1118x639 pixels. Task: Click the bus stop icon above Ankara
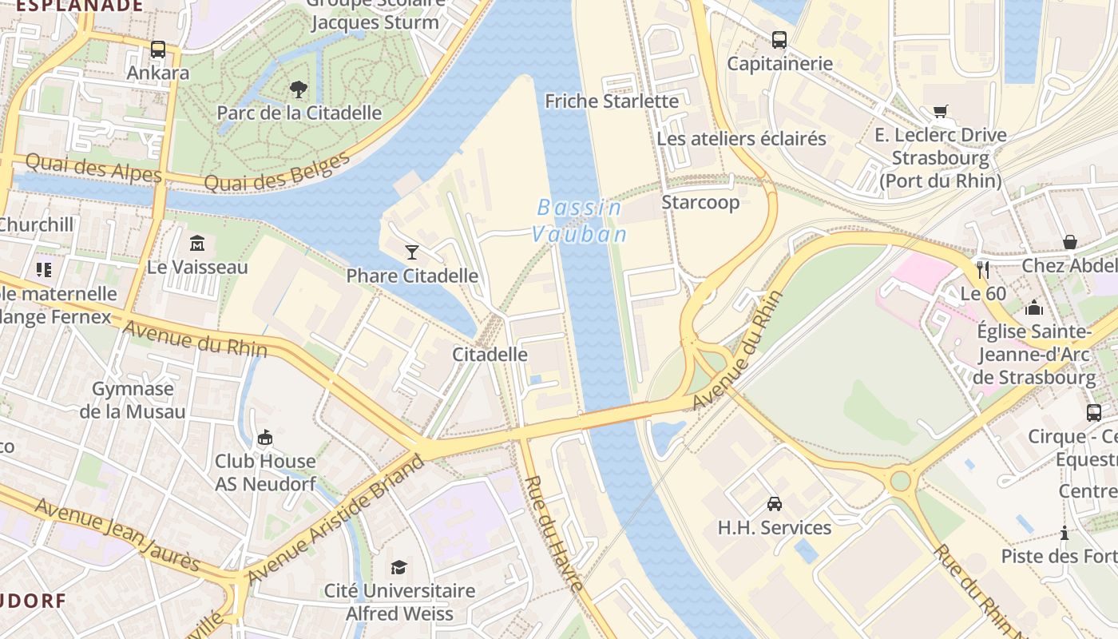(158, 50)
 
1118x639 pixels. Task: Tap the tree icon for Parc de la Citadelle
(299, 89)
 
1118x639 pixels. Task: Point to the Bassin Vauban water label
(580, 220)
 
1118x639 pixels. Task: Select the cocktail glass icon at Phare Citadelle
(411, 252)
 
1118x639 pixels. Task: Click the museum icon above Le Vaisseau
(197, 243)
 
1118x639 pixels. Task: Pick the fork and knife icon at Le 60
(983, 269)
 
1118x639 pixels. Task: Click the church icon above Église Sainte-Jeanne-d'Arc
(1034, 307)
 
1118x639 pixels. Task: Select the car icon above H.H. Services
(774, 503)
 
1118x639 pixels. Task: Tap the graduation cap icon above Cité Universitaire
(398, 567)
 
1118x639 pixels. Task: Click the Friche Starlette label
(612, 101)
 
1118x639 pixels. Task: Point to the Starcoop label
(700, 203)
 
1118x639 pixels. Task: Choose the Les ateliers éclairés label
(741, 139)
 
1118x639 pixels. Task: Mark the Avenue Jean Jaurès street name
(117, 536)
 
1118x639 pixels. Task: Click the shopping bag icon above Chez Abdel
(1069, 242)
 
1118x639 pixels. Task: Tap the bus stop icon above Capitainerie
(779, 39)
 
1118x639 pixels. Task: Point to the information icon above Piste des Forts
(1064, 533)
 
